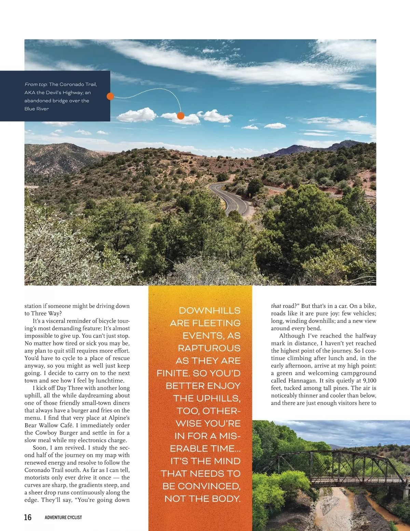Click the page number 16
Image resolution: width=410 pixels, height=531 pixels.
(28, 517)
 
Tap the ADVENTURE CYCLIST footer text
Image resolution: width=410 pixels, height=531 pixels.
(63, 517)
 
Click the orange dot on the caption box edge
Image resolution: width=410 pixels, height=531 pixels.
(110, 96)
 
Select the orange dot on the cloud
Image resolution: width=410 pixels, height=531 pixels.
(181, 116)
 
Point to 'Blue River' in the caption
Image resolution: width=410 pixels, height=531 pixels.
(37, 109)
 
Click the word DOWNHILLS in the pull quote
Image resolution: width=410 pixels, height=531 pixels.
(209, 311)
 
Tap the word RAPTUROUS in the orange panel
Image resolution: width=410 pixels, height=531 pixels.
(209, 348)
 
